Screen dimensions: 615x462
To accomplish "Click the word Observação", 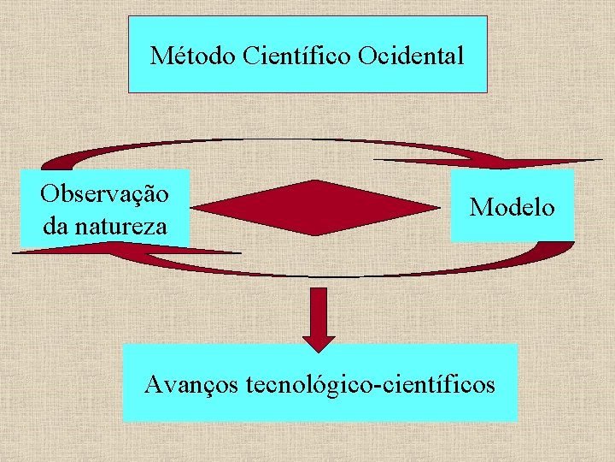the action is click(104, 193).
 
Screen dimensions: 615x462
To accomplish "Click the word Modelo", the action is click(512, 207).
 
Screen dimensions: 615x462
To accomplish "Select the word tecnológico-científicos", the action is click(370, 384).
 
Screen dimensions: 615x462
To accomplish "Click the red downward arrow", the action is click(318, 317).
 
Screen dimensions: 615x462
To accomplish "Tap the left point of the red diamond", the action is click(193, 207).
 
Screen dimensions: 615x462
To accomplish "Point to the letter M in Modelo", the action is click(480, 207).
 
